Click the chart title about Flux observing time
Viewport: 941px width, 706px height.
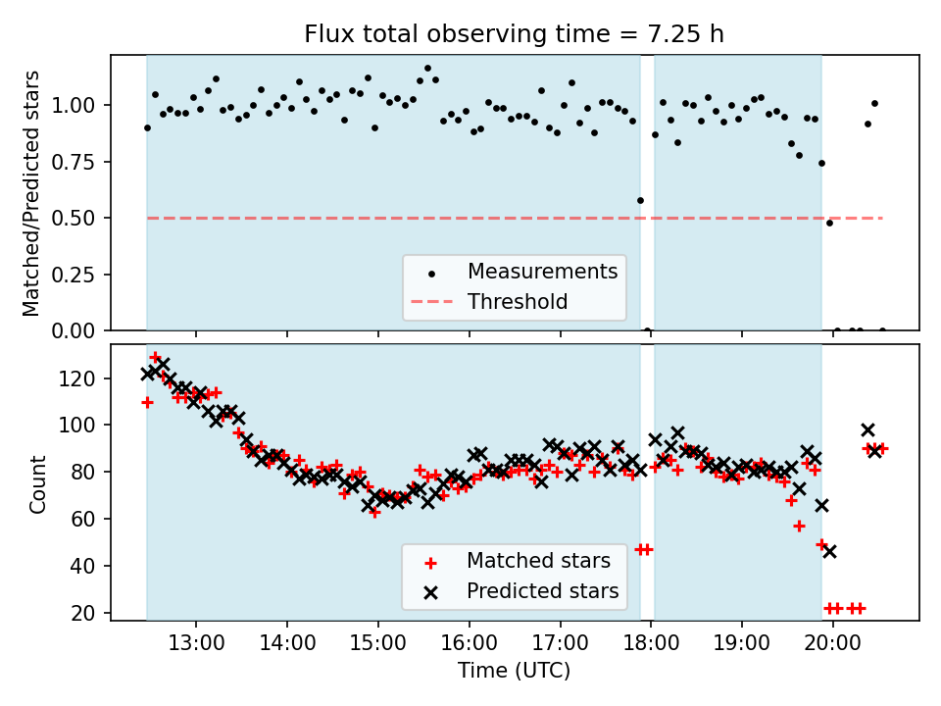(514, 34)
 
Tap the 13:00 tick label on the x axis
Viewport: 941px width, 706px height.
(196, 645)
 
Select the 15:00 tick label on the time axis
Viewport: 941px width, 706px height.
(377, 645)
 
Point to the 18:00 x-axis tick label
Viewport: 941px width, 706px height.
(651, 645)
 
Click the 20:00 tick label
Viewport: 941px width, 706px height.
(832, 645)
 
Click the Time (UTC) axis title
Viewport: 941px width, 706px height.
(514, 672)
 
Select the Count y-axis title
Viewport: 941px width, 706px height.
(37, 483)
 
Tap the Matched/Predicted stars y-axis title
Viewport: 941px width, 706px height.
(31, 193)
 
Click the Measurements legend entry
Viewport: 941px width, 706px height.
(542, 271)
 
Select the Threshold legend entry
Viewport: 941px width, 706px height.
(518, 301)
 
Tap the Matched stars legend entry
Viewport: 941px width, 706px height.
(538, 561)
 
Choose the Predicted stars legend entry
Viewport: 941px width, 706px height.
(542, 591)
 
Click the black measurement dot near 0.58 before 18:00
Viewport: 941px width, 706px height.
(640, 200)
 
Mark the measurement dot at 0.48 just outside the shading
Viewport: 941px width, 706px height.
(829, 223)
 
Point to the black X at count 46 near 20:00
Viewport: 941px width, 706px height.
(829, 552)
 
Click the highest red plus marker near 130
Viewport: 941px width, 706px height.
(155, 358)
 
